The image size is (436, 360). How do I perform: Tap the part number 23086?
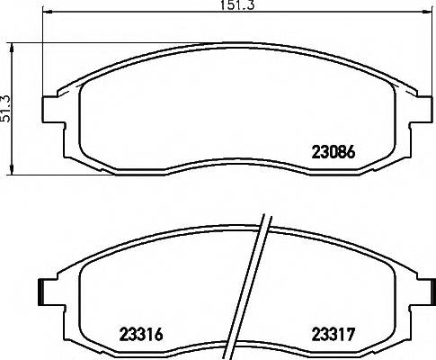pyautogui.click(x=334, y=154)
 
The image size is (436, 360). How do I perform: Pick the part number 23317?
pyautogui.click(x=335, y=334)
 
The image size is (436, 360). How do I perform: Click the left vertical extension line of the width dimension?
pyautogui.click(x=45, y=54)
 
